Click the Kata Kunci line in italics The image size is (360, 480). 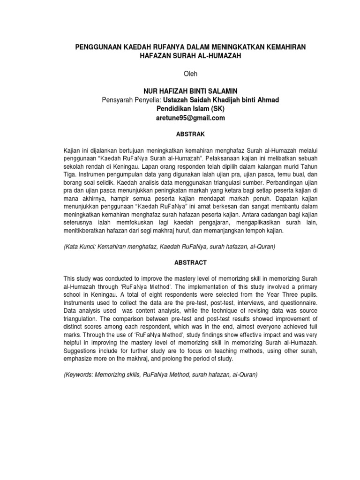[x=169, y=246]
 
